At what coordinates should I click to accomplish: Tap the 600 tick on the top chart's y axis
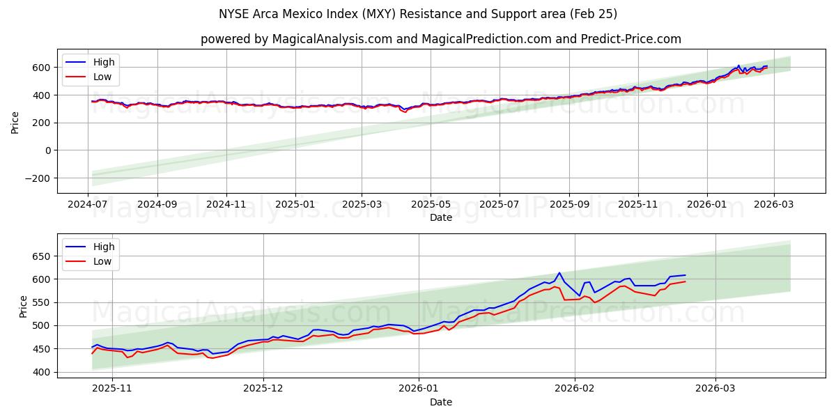click(x=41, y=68)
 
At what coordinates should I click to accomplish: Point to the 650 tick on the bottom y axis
click(x=41, y=256)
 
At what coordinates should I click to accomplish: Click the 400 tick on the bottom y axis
click(x=41, y=372)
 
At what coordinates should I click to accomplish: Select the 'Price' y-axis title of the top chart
click(x=15, y=123)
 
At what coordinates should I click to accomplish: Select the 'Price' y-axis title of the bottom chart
click(x=24, y=307)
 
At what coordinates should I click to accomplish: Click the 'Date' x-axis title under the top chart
click(x=440, y=218)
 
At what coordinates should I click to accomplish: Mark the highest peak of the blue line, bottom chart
click(x=559, y=273)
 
